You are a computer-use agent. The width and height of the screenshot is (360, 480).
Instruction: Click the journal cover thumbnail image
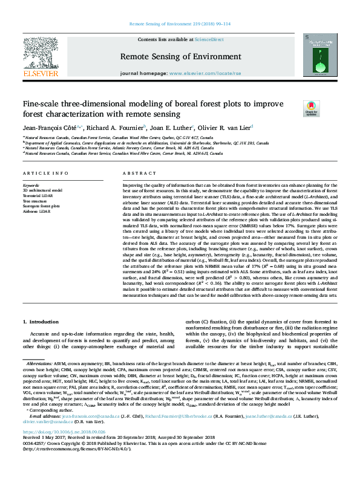click(x=321, y=54)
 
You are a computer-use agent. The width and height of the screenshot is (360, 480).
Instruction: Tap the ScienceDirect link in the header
click(x=209, y=39)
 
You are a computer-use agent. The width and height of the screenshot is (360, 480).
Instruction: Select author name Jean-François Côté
click(x=51, y=128)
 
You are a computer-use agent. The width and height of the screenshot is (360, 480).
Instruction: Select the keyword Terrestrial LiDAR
click(x=36, y=195)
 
